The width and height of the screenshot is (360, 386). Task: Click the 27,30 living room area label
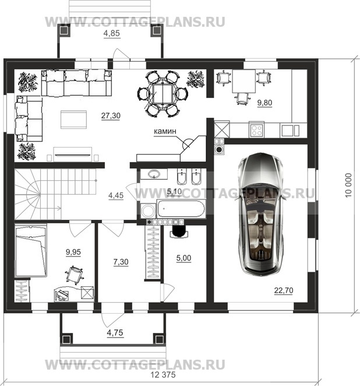point(111,115)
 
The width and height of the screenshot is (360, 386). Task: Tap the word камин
point(165,131)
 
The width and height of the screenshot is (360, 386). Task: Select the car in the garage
point(261,213)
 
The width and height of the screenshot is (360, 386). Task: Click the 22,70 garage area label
point(284,290)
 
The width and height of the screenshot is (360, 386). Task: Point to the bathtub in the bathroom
point(181,209)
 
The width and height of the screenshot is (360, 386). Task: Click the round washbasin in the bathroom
point(154,174)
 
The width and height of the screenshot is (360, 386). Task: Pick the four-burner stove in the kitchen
point(256,130)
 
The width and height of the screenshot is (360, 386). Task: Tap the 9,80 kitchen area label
point(265,103)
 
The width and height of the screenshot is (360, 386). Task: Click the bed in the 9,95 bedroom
point(31,251)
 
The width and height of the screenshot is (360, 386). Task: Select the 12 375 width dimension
point(163,375)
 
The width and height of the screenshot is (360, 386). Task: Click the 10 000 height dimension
point(349,185)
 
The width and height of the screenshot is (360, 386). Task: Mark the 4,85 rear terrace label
point(112,33)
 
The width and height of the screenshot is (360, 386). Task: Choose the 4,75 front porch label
point(115,333)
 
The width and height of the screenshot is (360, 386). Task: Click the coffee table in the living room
point(74,120)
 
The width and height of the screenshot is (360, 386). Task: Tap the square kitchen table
point(244,81)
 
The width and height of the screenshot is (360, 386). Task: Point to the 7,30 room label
point(121,262)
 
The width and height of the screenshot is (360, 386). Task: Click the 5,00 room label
point(183,258)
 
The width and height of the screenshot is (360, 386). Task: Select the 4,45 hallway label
point(116,196)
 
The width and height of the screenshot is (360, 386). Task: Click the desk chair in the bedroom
point(74,274)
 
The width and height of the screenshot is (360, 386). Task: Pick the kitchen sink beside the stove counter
point(291,131)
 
